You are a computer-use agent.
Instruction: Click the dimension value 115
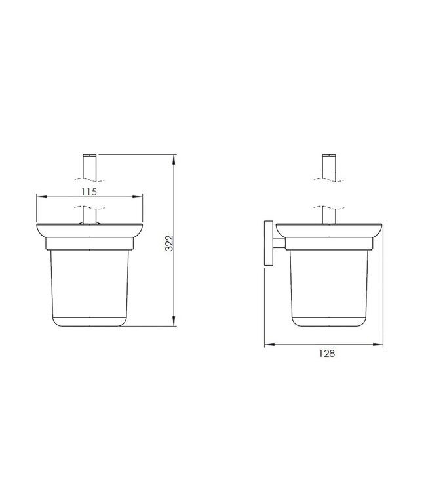89,192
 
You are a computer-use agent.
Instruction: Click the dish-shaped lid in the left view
89,232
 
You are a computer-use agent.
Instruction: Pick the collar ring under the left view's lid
89,245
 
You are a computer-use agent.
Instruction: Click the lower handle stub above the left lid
89,215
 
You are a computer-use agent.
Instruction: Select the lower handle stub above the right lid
328,215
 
